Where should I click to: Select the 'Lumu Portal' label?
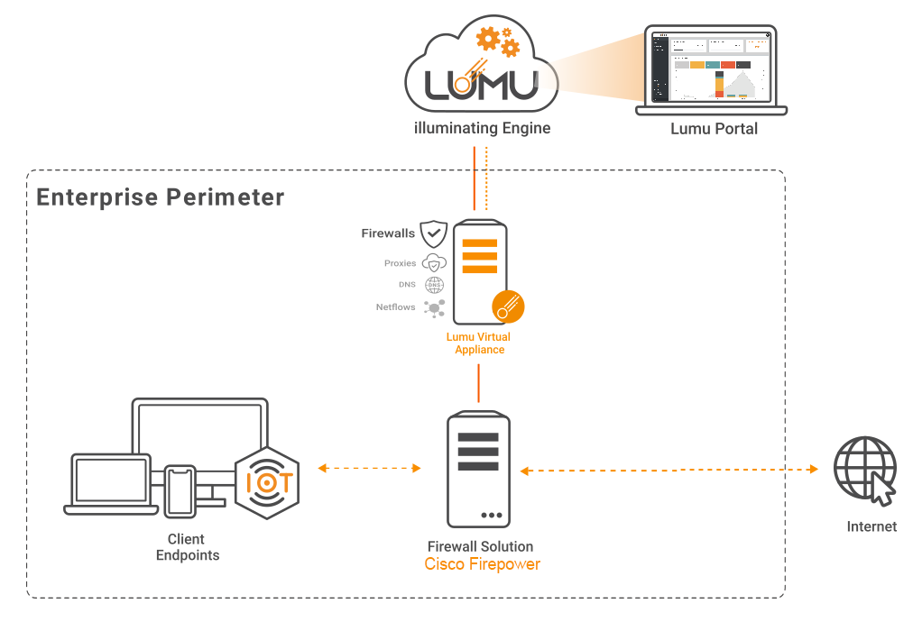(714, 129)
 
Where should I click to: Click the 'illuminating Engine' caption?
(482, 128)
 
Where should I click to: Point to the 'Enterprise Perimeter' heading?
(161, 197)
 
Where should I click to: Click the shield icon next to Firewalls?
(434, 233)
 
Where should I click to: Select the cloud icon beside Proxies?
(435, 263)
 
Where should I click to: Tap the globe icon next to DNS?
(435, 285)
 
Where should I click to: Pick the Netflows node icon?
(435, 307)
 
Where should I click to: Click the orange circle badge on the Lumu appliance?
(508, 306)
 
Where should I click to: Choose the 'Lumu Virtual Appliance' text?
(479, 343)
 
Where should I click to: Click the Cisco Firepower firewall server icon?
(478, 470)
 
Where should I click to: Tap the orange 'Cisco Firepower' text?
(482, 564)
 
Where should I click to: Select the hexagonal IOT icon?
(267, 482)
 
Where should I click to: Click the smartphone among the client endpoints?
(180, 490)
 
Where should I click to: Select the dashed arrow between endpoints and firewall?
(370, 468)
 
